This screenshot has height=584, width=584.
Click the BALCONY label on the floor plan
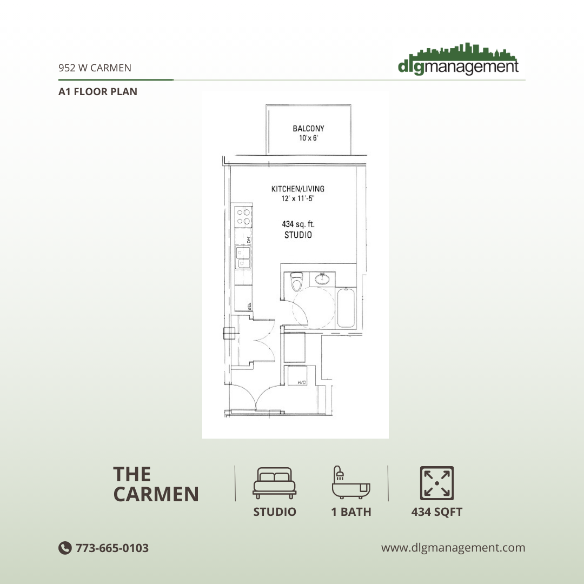(x=308, y=129)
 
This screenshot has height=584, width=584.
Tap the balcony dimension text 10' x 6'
(x=308, y=139)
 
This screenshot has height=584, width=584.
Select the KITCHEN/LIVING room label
(x=298, y=189)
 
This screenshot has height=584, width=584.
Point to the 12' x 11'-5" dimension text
(x=298, y=199)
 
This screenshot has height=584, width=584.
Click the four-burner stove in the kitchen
(x=243, y=216)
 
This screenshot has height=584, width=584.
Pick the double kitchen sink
(x=243, y=257)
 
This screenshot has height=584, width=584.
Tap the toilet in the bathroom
(x=296, y=282)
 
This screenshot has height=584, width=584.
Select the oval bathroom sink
(x=323, y=280)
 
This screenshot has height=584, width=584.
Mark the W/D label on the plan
(x=302, y=382)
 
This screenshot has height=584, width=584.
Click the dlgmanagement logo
(x=458, y=59)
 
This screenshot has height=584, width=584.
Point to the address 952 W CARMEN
(x=95, y=68)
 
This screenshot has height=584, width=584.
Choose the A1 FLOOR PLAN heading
(x=98, y=91)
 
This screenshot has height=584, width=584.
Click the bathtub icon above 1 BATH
(x=351, y=482)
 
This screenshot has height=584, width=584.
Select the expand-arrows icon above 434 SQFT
(x=437, y=483)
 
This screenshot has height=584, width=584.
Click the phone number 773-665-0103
(x=112, y=548)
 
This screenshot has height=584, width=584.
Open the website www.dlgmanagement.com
(x=453, y=547)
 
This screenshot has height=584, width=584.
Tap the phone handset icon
(x=65, y=548)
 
